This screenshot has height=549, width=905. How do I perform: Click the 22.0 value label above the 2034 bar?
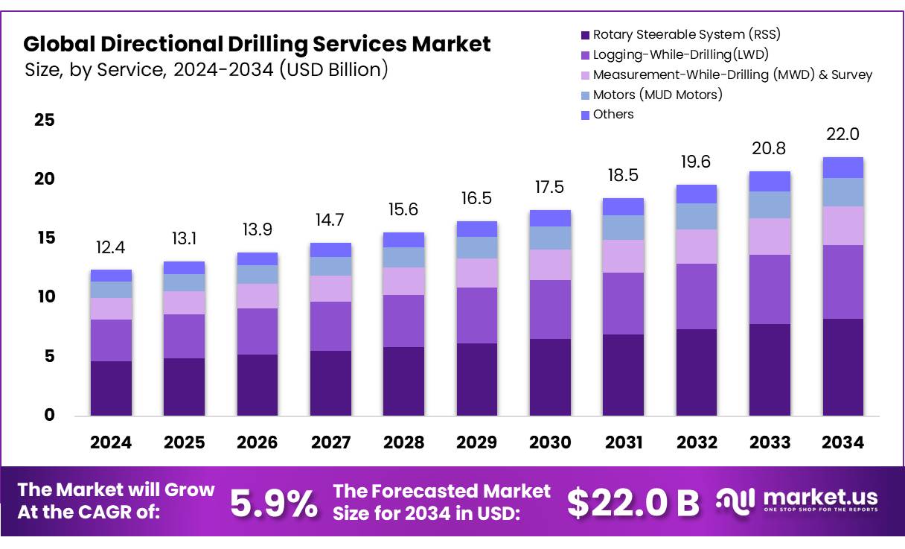click(843, 134)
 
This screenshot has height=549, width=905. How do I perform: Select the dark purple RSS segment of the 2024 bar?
click(111, 388)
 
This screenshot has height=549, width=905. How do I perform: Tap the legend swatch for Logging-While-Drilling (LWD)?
click(585, 54)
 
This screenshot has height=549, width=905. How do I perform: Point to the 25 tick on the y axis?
click(45, 120)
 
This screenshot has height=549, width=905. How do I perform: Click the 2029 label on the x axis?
click(477, 442)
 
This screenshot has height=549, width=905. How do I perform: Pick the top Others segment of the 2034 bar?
click(843, 168)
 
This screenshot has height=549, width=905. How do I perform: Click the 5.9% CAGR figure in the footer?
click(273, 503)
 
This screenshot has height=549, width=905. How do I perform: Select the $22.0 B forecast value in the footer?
click(633, 503)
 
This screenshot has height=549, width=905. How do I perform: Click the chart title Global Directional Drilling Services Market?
click(257, 44)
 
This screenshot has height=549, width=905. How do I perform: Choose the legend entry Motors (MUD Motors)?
click(657, 95)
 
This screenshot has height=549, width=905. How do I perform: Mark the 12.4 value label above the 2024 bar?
click(111, 247)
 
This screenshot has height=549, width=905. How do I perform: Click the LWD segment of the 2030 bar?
click(550, 309)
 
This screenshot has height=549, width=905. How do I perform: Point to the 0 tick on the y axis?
click(49, 415)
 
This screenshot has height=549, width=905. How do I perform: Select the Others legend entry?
click(613, 115)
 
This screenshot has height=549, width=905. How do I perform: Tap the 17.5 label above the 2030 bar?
click(550, 188)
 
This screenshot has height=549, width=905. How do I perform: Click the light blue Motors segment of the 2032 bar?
click(697, 216)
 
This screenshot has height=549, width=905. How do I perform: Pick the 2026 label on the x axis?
click(257, 442)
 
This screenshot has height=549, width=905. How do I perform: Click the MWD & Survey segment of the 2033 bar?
click(770, 236)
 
